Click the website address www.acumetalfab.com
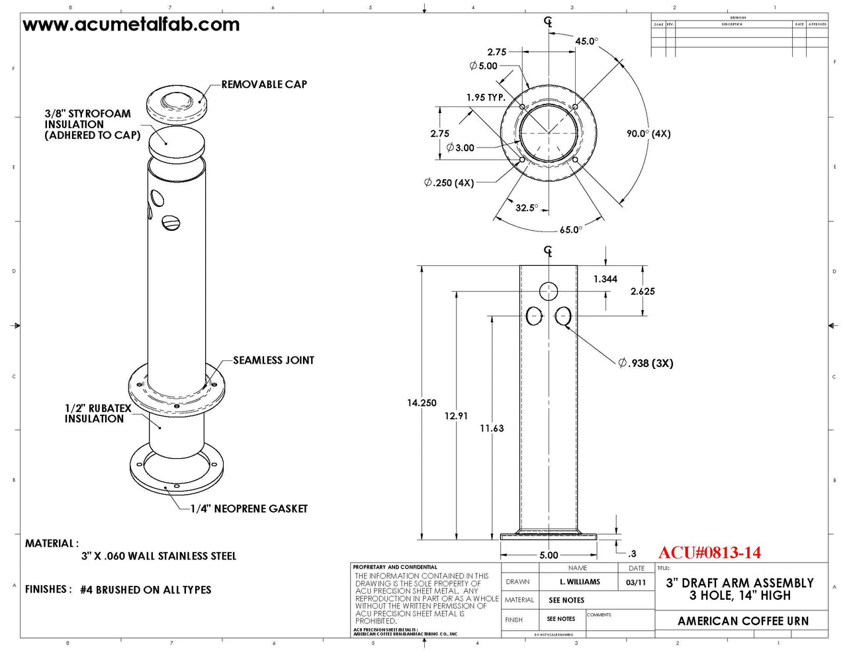(x=131, y=25)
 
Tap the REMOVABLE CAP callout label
(x=264, y=85)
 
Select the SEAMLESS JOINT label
(x=273, y=360)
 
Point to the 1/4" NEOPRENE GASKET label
(x=249, y=509)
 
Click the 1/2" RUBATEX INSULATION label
(x=97, y=413)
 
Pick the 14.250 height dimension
(x=422, y=403)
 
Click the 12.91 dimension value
(x=456, y=416)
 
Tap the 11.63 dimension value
(x=492, y=429)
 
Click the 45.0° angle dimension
(x=586, y=41)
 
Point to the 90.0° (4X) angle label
(x=648, y=134)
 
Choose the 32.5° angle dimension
(x=527, y=208)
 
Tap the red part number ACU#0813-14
(x=709, y=553)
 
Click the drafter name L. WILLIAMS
(x=580, y=582)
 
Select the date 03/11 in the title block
(x=636, y=583)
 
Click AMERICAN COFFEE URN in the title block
(x=742, y=621)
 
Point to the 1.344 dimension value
(x=605, y=279)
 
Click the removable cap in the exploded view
(x=175, y=104)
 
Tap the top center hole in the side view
(x=549, y=291)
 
